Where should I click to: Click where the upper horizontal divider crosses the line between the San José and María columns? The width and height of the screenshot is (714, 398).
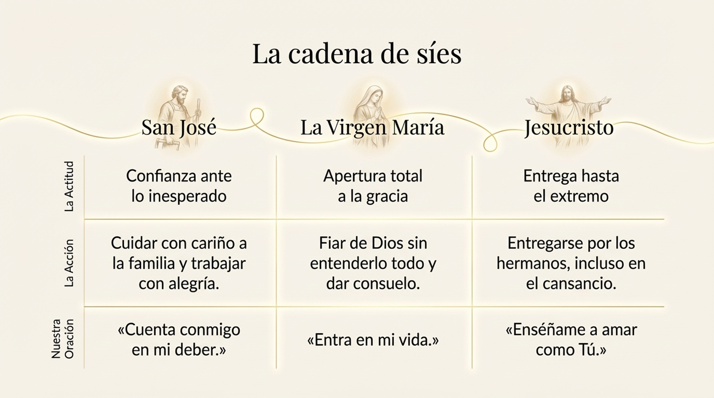click(276, 219)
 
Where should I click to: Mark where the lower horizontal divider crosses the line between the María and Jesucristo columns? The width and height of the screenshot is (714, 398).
click(472, 307)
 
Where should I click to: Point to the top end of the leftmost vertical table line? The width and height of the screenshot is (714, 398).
click(84, 156)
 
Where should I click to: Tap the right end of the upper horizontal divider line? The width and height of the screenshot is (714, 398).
click(664, 219)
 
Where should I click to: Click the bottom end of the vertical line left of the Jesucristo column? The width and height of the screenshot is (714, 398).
click(472, 368)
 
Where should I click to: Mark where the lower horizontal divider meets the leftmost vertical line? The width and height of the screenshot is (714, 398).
click(84, 307)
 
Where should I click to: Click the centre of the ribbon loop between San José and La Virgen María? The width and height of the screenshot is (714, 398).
click(257, 117)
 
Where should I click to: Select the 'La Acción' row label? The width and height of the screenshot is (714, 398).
click(69, 263)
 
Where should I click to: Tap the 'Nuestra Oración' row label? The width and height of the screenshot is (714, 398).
click(63, 339)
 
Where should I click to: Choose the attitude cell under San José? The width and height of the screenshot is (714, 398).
click(179, 186)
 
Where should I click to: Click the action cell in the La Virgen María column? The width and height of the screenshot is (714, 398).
click(373, 263)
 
